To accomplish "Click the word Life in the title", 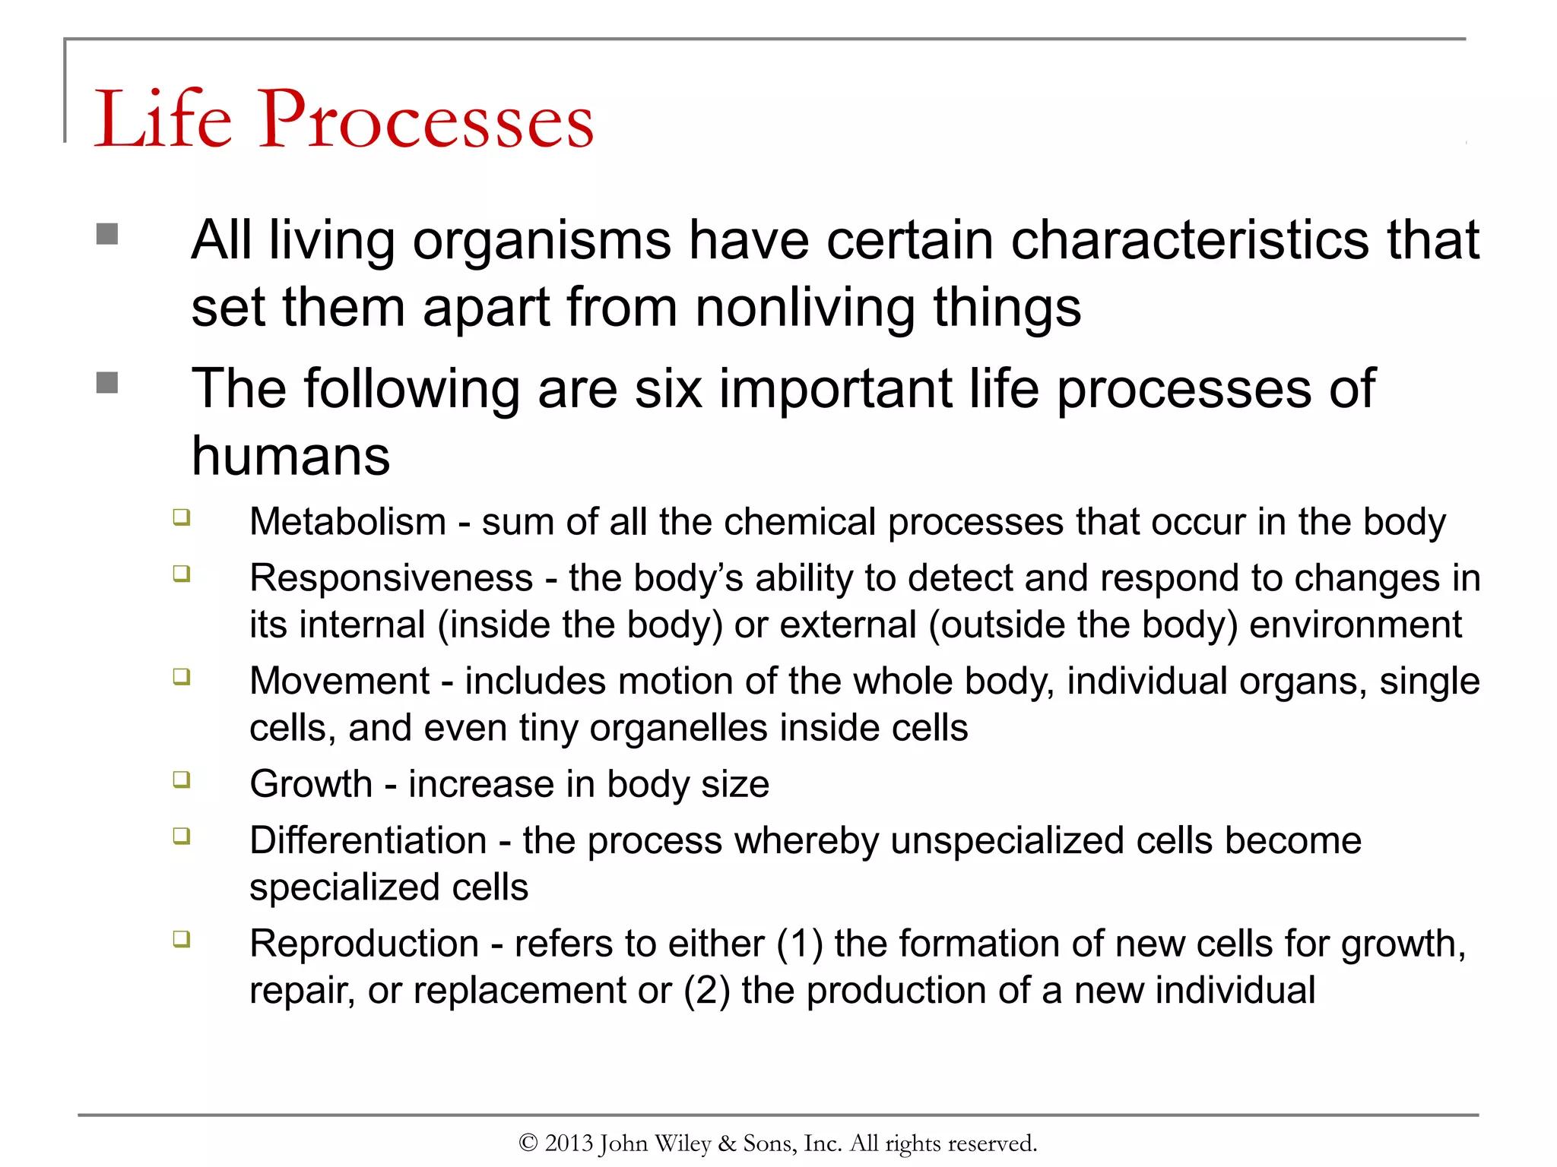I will click(162, 119).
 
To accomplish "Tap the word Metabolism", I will click(347, 523).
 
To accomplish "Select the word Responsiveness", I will click(391, 579).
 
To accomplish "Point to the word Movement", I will click(339, 682).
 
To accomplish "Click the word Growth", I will click(311, 785).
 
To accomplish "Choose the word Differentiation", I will click(368, 841).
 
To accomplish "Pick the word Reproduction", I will click(363, 944).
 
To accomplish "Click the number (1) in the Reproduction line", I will click(799, 944).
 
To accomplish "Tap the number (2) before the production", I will click(706, 991).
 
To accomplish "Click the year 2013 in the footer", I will click(568, 1143).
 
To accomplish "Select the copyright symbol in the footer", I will click(528, 1143).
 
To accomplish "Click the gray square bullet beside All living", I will click(107, 233).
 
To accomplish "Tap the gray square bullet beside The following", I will click(107, 382).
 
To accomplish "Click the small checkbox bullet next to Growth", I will click(181, 780).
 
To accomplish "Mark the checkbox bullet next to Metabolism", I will click(181, 517).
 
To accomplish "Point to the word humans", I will click(290, 457).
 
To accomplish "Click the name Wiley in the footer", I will click(683, 1143).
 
